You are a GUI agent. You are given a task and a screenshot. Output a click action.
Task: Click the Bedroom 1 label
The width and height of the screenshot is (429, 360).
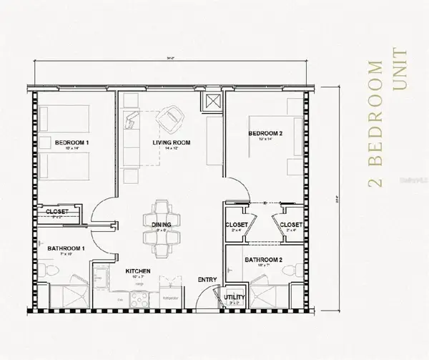click(x=70, y=142)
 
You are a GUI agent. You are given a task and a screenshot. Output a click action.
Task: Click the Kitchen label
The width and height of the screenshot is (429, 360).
click(x=137, y=271)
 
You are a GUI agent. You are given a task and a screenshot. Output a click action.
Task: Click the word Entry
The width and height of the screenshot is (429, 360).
click(x=207, y=278)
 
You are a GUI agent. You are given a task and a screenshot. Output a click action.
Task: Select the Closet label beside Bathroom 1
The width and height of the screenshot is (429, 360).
click(x=56, y=212)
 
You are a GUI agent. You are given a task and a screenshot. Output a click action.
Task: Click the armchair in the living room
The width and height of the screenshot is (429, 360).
click(x=171, y=116)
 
